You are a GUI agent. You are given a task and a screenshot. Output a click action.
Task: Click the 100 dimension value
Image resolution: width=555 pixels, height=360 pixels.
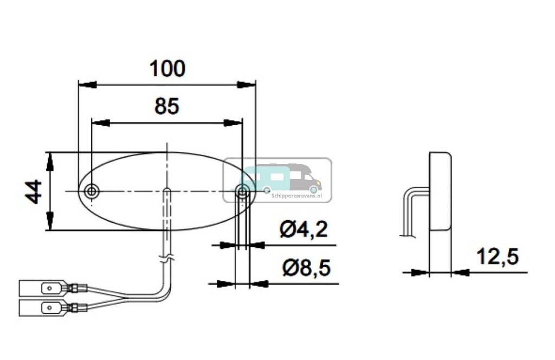point(167,69)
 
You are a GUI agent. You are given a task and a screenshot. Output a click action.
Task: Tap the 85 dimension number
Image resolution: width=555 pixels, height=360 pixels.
point(166,107)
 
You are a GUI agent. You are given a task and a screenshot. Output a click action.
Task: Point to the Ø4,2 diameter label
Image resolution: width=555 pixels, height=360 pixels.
point(304,230)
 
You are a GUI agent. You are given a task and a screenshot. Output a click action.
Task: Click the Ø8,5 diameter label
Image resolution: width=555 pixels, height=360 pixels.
point(306,268)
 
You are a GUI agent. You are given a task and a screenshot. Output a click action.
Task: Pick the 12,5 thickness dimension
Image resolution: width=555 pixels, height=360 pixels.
point(497,256)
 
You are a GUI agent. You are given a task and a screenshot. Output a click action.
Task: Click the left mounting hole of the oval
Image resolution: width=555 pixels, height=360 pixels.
point(92,191)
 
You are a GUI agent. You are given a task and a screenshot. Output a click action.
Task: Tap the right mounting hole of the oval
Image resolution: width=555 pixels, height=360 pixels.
point(243,190)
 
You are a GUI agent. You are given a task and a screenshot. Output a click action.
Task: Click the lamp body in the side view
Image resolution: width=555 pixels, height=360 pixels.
point(440,191)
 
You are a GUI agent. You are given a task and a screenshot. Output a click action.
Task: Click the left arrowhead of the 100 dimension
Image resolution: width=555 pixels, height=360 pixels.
point(87,85)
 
